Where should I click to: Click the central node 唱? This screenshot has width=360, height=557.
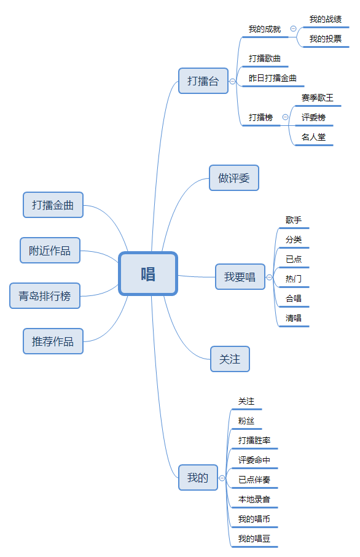point(148,273)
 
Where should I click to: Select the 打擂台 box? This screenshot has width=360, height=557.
point(203,81)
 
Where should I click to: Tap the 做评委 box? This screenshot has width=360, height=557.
point(234,178)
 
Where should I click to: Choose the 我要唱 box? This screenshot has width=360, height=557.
point(240,277)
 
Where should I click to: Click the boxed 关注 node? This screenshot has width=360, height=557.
point(230,359)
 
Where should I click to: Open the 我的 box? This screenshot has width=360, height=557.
point(198,477)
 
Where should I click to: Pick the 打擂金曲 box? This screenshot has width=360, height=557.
point(53,205)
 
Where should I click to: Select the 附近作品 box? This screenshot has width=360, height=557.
point(50,251)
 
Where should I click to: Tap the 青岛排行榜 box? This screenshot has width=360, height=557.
point(45,295)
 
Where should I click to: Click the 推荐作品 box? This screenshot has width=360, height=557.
point(53,341)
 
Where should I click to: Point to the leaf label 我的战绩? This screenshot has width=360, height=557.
point(326,19)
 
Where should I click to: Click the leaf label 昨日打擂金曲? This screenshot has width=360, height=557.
point(273,78)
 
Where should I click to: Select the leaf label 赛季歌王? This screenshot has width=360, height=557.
point(318,98)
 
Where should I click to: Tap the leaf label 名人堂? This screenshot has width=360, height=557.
point(313,137)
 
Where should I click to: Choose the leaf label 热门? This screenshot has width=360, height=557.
point(294,279)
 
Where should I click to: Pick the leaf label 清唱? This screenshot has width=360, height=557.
point(294,318)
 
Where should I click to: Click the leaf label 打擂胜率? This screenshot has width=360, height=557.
point(254,440)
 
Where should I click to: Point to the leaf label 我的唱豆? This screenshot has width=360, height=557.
point(254,539)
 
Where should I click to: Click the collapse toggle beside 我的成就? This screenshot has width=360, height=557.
point(293,29)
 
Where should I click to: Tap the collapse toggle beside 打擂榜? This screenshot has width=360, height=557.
point(285,117)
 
